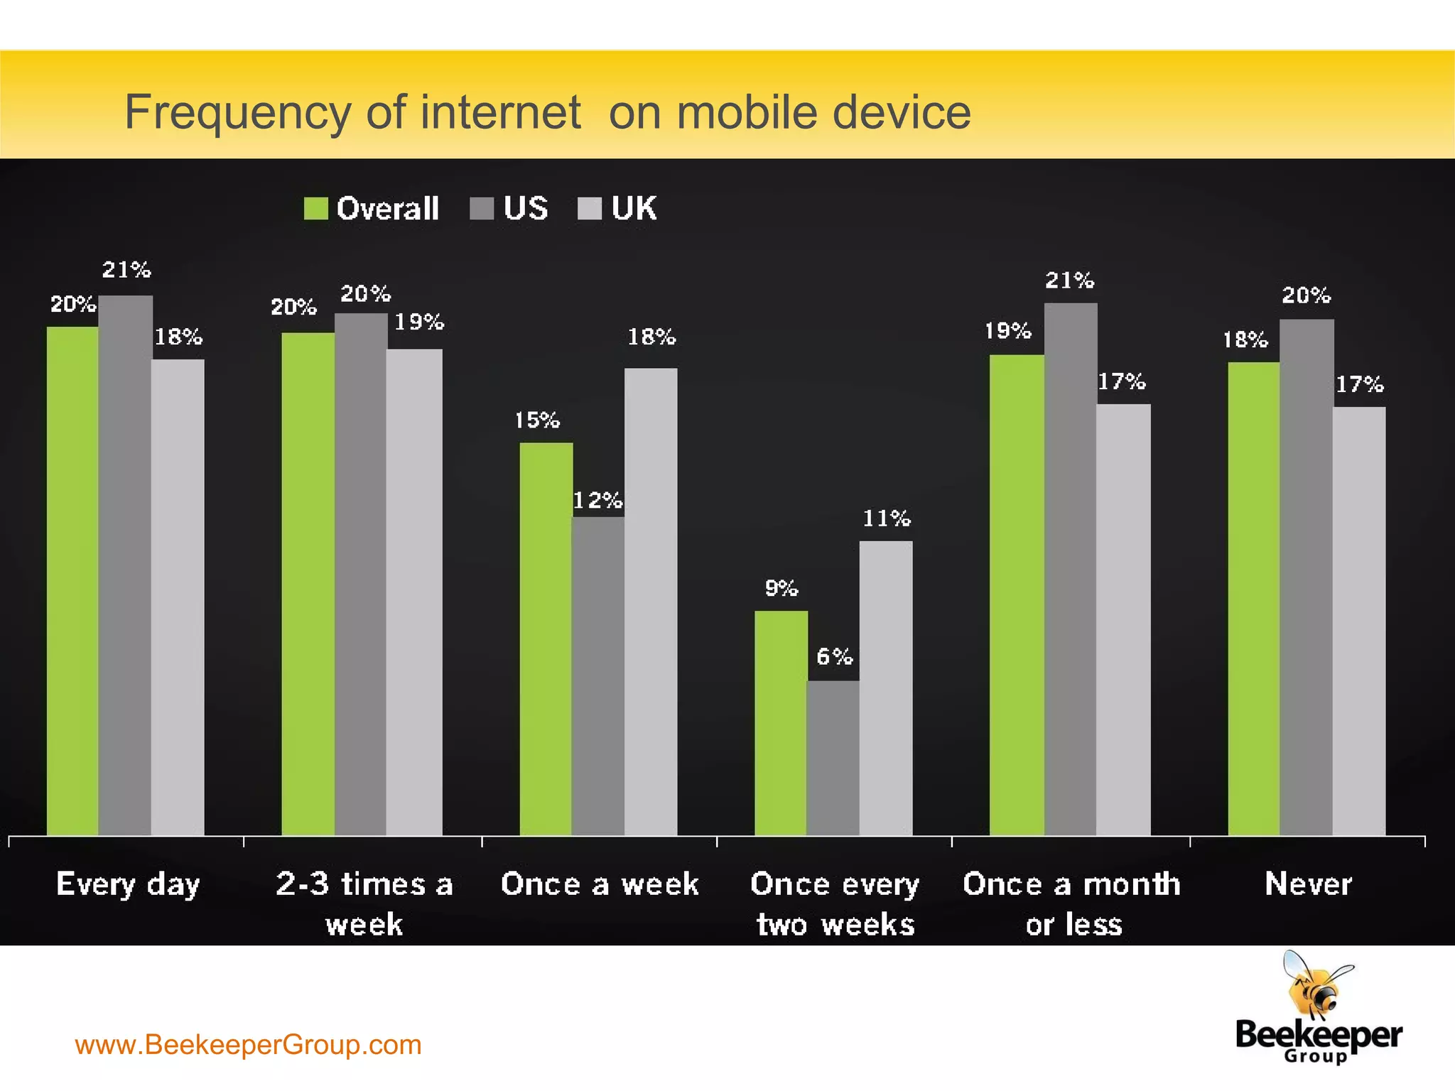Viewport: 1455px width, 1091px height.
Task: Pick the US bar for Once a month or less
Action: (1071, 568)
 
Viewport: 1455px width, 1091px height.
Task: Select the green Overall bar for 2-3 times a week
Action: (308, 583)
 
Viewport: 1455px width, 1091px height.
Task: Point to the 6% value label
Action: (834, 656)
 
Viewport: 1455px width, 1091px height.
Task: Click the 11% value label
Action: (886, 519)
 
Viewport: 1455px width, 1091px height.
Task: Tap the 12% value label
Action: (597, 501)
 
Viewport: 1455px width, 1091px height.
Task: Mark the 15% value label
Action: (537, 420)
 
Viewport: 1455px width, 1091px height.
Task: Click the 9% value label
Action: (781, 588)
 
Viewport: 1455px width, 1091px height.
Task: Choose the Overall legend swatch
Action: (315, 209)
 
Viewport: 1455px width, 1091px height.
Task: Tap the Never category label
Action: (1308, 884)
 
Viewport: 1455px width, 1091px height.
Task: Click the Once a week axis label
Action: (600, 884)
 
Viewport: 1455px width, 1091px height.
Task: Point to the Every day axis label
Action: (128, 885)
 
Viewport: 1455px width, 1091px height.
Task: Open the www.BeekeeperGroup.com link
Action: (248, 1045)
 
